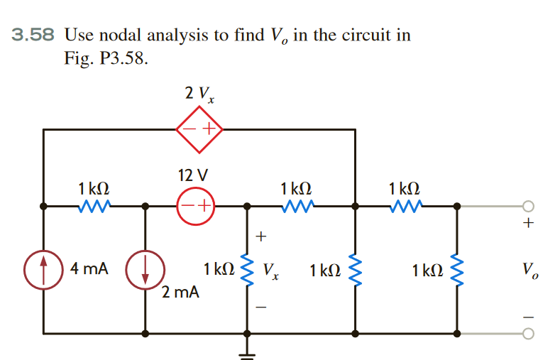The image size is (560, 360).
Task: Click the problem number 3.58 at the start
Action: (33, 36)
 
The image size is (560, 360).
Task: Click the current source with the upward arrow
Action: (44, 270)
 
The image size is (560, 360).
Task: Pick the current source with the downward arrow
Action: (146, 270)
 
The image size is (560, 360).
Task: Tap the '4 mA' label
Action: (89, 269)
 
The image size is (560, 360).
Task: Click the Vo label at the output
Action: (527, 270)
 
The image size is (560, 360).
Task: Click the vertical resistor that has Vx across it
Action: (247, 270)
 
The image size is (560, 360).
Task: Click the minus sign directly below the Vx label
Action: (260, 307)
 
